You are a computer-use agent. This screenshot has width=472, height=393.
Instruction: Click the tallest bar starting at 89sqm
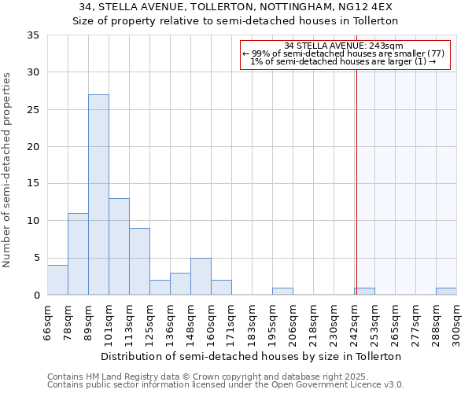[98, 195]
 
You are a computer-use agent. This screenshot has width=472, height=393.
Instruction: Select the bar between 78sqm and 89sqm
[78, 254]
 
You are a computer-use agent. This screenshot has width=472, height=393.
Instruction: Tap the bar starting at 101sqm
[119, 247]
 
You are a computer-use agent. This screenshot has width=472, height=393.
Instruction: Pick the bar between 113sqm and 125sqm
[139, 262]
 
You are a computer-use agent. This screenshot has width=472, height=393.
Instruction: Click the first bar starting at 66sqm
[57, 280]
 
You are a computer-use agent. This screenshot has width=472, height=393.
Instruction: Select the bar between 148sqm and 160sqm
[201, 277]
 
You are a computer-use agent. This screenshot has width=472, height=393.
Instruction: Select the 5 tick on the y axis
[36, 258]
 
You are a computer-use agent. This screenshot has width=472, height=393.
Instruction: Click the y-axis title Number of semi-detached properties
[8, 170]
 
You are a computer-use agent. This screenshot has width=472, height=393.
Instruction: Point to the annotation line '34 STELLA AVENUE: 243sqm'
[343, 46]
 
